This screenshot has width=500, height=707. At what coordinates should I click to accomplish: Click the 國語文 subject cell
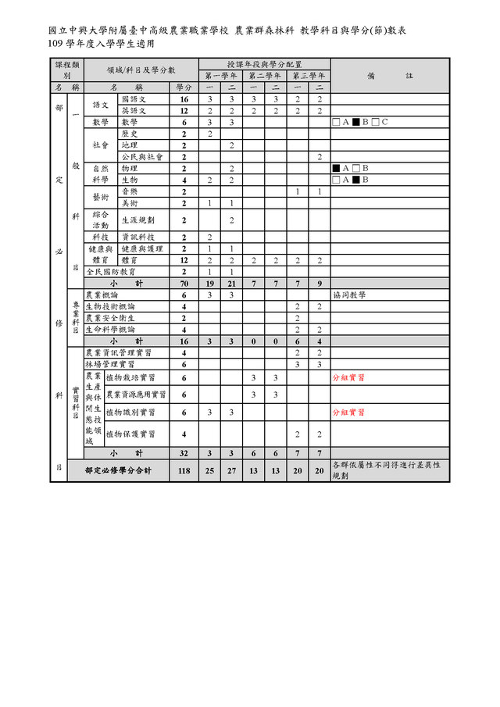pos(134,100)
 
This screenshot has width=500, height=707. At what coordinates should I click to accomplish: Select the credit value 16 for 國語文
pos(184,100)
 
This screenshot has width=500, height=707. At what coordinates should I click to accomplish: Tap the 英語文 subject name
pos(134,111)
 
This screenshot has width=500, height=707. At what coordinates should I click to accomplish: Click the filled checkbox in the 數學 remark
pos(355,123)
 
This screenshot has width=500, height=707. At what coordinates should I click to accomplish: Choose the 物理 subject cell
pos(129,169)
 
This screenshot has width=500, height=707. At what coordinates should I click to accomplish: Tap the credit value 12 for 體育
pos(184,260)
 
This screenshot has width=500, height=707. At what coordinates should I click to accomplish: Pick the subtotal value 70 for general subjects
pos(184,283)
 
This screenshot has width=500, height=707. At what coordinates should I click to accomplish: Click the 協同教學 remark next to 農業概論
pos(348,295)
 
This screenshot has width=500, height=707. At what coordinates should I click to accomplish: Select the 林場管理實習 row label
pos(109,364)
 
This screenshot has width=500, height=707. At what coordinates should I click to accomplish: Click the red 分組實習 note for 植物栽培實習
pos(348,378)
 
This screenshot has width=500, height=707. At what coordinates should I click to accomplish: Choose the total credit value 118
pos(184,471)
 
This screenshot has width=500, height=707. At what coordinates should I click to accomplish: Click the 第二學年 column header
pos(265,76)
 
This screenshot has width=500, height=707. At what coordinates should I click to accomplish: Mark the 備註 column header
pos(390,76)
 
